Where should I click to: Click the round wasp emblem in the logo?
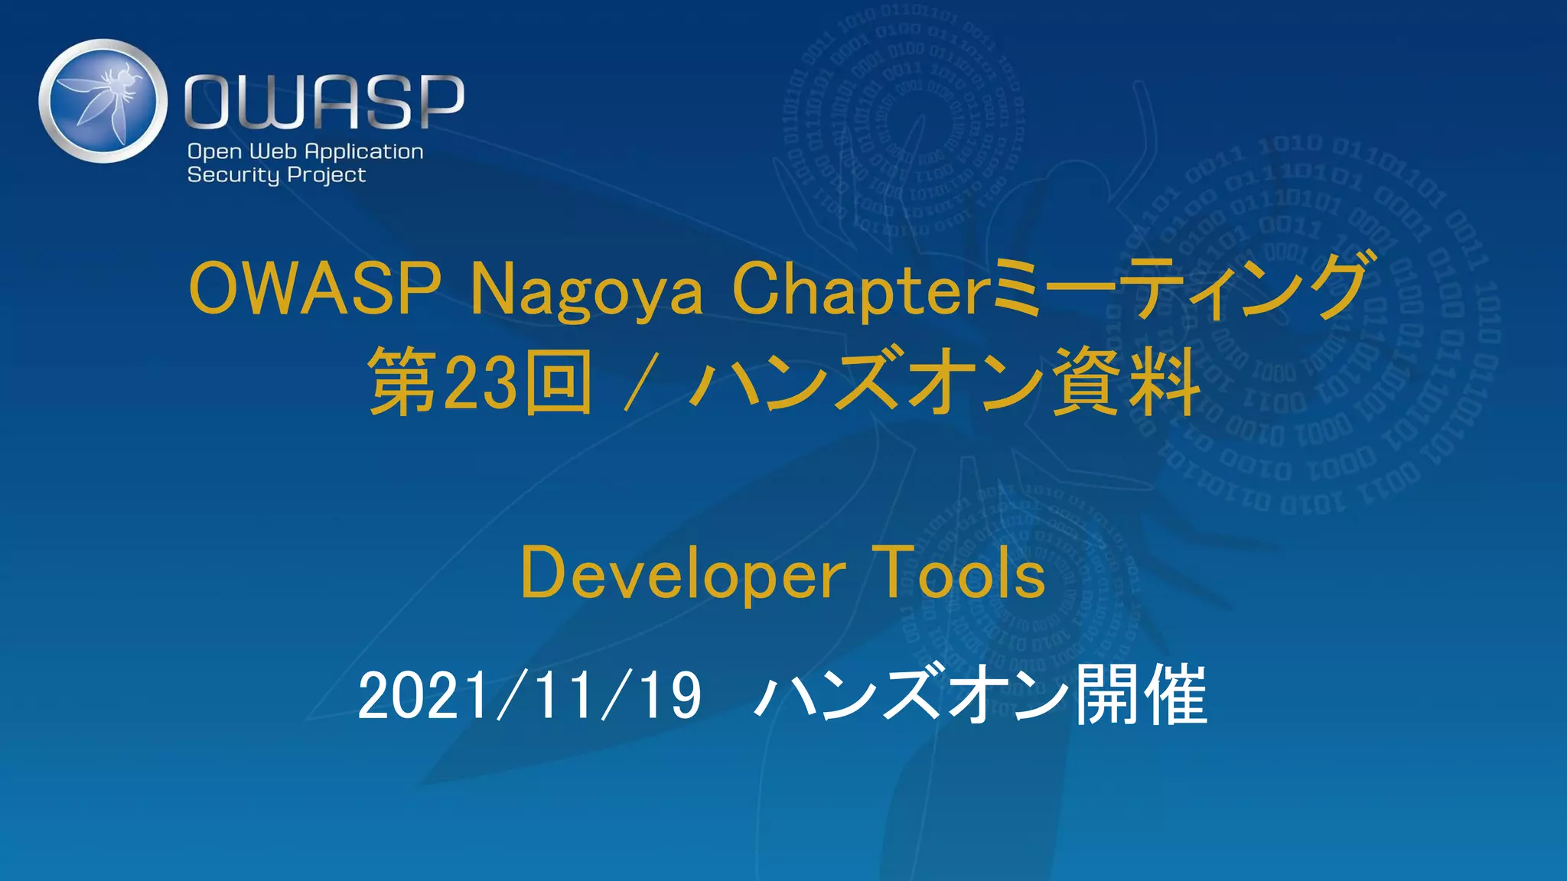103,100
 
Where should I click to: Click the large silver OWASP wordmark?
324,102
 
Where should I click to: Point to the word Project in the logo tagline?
327,175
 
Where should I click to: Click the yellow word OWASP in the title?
314,288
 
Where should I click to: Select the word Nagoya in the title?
586,291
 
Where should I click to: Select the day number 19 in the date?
672,695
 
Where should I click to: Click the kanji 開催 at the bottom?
1141,695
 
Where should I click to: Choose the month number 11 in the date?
563,695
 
